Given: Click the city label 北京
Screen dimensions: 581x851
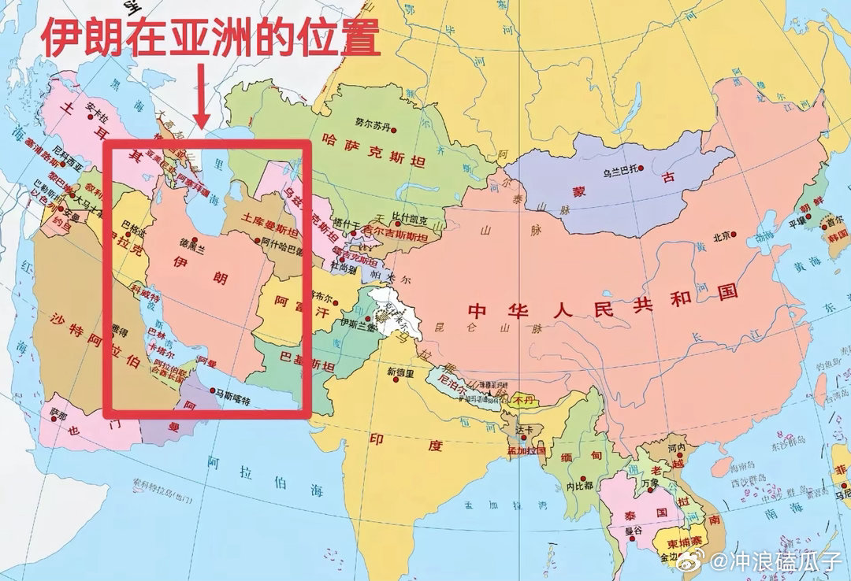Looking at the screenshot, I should click(x=723, y=235).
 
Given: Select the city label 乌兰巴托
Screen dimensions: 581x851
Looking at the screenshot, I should click(x=618, y=169).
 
